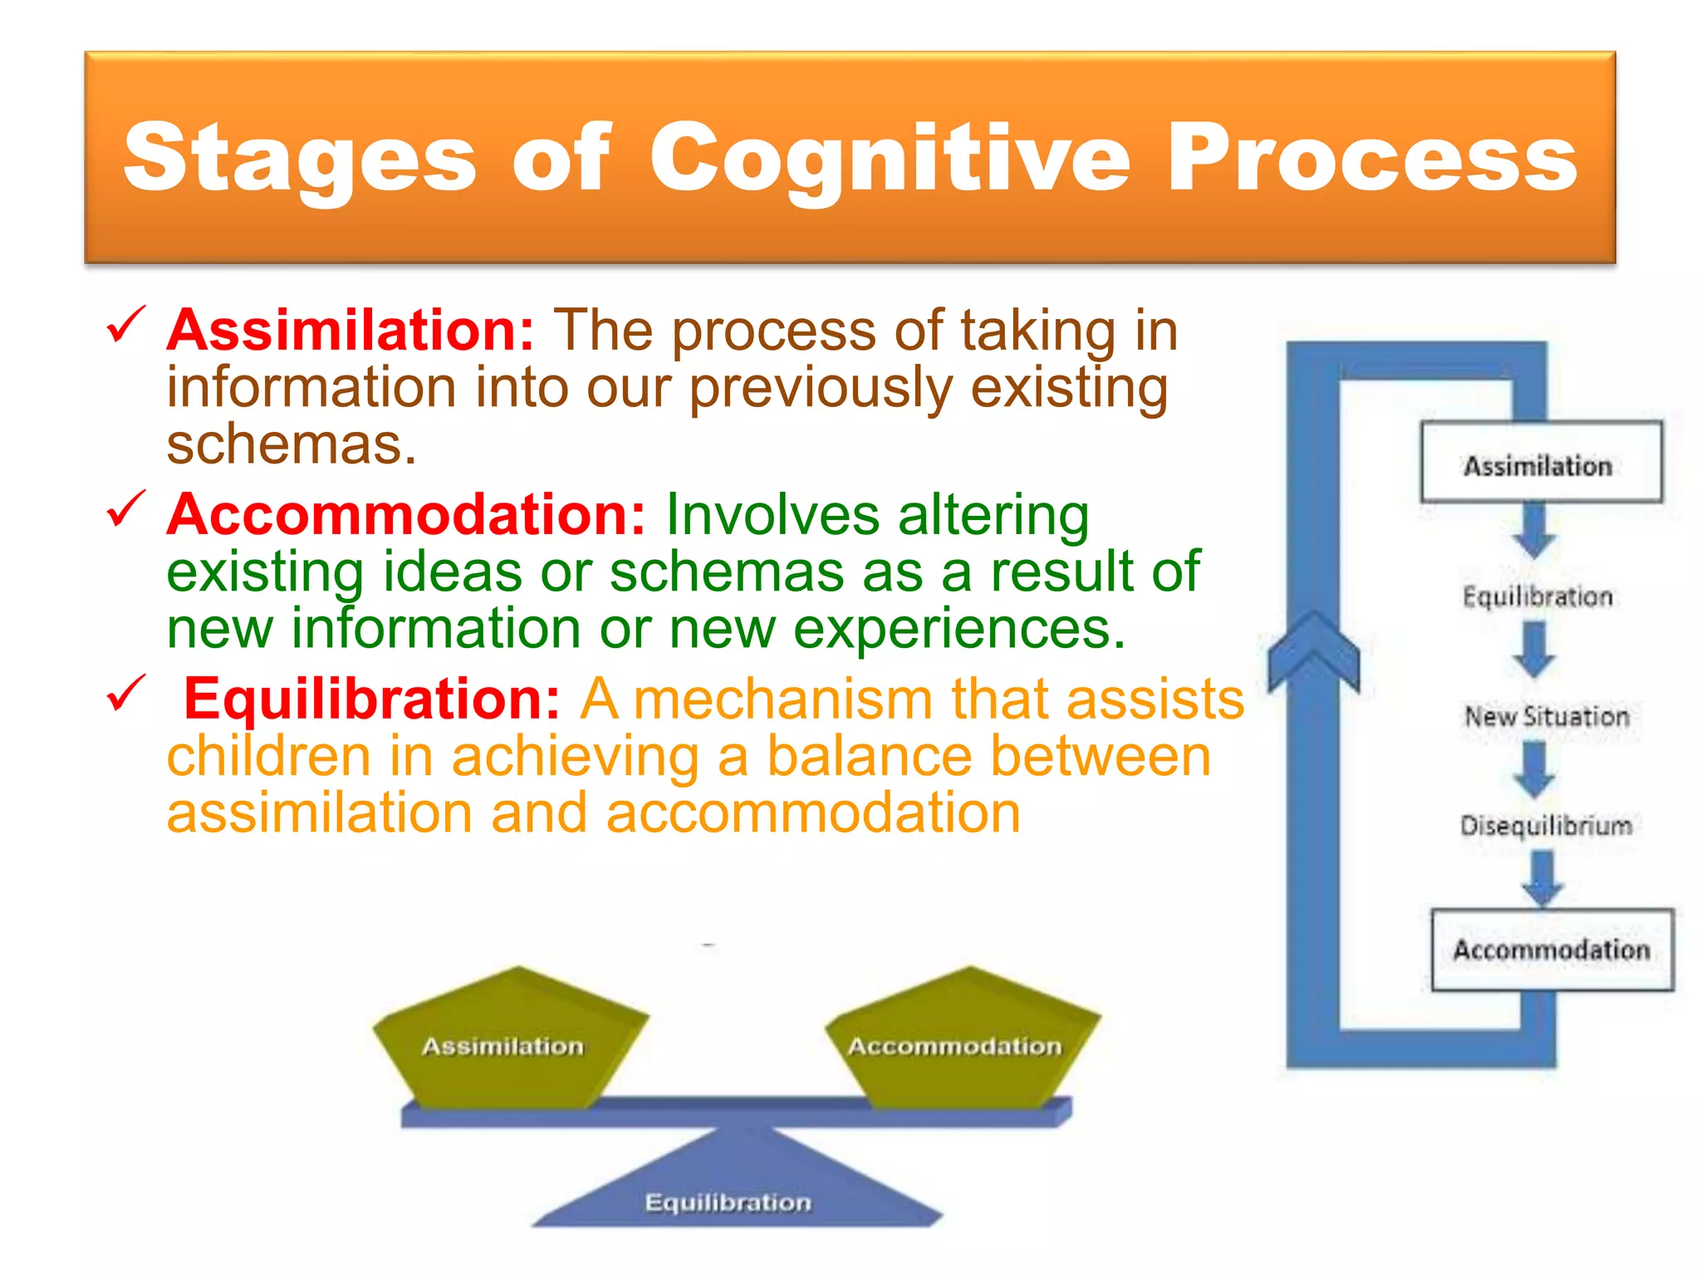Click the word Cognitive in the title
click(x=889, y=158)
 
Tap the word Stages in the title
click(x=299, y=158)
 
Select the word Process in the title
click(x=1370, y=158)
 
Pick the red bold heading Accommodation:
click(x=405, y=515)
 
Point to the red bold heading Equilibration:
click(x=372, y=699)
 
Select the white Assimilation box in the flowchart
click(x=1541, y=462)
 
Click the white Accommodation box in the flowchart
click(x=1551, y=950)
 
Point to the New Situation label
click(x=1547, y=716)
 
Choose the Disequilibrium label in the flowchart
click(x=1546, y=825)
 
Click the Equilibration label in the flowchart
click(x=1537, y=596)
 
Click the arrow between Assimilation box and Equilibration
click(x=1534, y=532)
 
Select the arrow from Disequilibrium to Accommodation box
click(x=1542, y=878)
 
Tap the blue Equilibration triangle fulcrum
click(x=731, y=1188)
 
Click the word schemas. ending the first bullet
click(x=291, y=445)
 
